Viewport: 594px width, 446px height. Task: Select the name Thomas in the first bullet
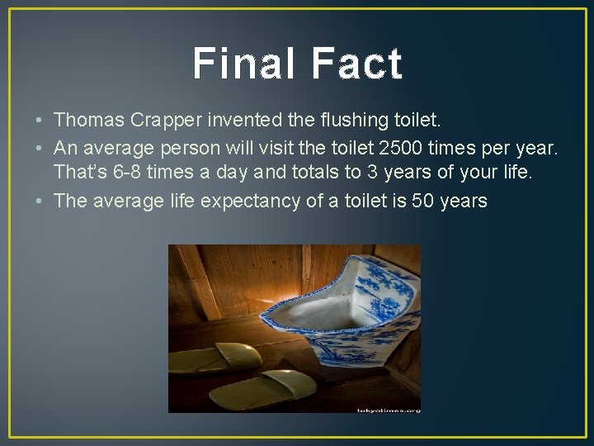tap(89, 120)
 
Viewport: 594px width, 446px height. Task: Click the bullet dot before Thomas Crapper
tap(40, 121)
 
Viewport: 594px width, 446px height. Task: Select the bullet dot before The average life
tap(40, 201)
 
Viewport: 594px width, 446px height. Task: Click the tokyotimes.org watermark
tap(388, 409)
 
